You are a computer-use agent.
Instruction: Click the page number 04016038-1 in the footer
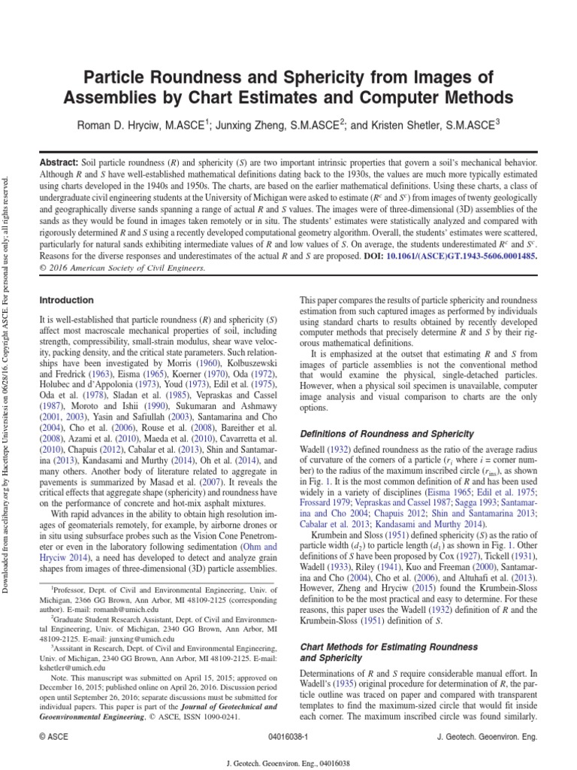click(288, 738)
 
